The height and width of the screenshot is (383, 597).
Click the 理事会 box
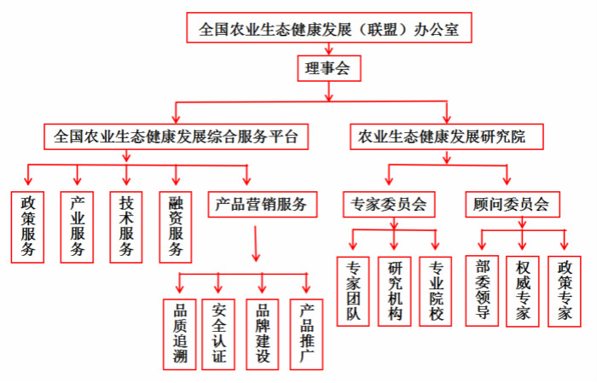click(x=329, y=68)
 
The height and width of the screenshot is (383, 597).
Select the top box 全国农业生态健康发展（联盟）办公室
click(x=329, y=27)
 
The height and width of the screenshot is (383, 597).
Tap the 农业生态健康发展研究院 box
click(x=447, y=136)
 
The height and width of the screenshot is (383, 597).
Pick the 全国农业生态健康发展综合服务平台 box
click(x=176, y=136)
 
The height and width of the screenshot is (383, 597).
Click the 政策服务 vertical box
click(x=27, y=227)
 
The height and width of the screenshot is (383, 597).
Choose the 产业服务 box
click(x=77, y=227)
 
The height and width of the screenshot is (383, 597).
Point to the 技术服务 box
click(x=126, y=227)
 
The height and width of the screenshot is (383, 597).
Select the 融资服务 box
click(x=176, y=227)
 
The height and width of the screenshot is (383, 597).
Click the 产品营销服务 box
click(x=263, y=205)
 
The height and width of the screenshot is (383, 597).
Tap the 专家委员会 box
click(x=389, y=205)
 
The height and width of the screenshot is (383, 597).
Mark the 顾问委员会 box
click(x=513, y=205)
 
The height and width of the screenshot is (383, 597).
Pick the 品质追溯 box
click(x=180, y=334)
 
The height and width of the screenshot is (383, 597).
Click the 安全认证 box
click(x=218, y=334)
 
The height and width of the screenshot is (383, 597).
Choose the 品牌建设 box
click(x=263, y=334)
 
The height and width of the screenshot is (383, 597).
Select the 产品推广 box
click(x=306, y=334)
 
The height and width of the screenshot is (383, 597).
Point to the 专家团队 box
click(x=353, y=292)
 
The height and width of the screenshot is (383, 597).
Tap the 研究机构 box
click(x=394, y=292)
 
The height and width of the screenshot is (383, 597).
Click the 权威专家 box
click(x=522, y=292)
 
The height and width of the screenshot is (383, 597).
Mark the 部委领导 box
click(x=482, y=291)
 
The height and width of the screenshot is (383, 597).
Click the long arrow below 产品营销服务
click(x=256, y=244)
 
